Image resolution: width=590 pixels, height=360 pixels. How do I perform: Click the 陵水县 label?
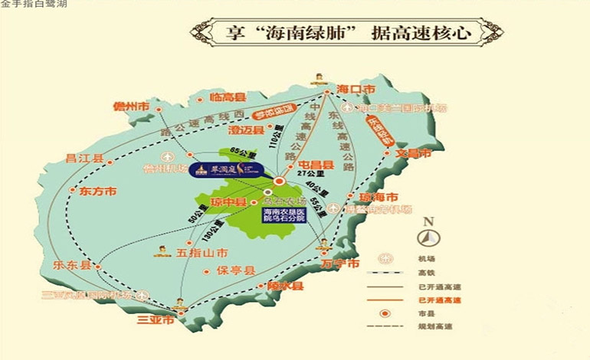pyautogui.click(x=286, y=286)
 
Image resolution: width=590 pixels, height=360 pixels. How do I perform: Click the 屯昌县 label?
pyautogui.click(x=316, y=165)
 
